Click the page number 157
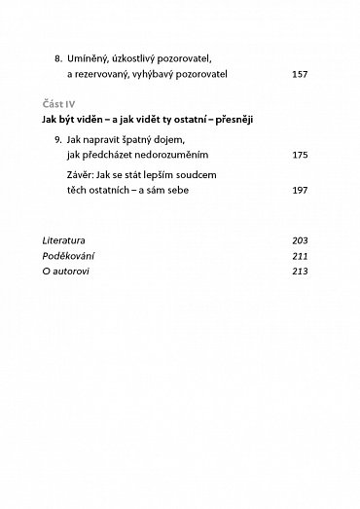click(299, 73)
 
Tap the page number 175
click(299, 155)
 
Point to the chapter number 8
click(58, 58)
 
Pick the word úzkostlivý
click(143, 58)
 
